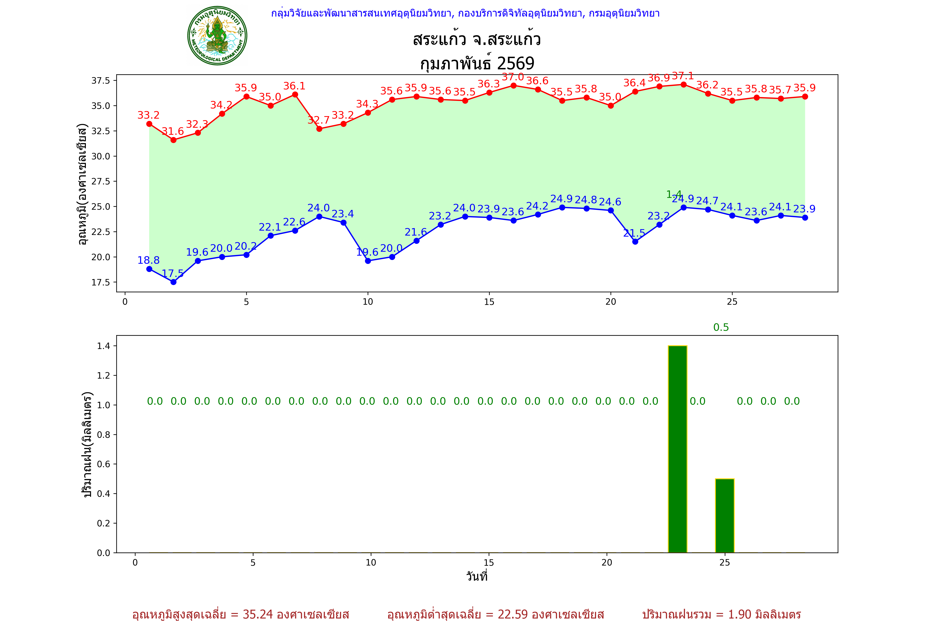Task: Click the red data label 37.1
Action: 683,76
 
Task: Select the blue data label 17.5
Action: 173,273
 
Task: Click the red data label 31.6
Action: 173,131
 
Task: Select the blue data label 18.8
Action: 148,260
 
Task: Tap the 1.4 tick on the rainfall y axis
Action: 104,346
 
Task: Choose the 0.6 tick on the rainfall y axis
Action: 104,464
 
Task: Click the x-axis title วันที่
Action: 477,576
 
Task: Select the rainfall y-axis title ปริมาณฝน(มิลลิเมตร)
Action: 87,444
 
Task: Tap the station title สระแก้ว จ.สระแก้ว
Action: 477,40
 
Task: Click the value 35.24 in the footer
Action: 258,614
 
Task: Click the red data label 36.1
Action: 294,86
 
